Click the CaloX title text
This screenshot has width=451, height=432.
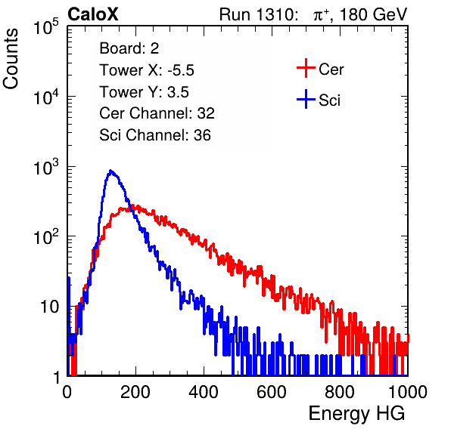click(x=93, y=14)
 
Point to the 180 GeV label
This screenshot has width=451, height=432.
click(x=373, y=14)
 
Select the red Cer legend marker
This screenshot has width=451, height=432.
click(x=306, y=68)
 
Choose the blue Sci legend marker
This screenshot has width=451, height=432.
click(x=306, y=99)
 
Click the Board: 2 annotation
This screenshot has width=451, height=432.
click(x=129, y=48)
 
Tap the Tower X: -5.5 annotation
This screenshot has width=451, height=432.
click(x=147, y=70)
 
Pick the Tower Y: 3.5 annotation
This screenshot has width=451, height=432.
click(x=144, y=92)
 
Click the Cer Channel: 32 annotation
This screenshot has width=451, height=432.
click(x=157, y=113)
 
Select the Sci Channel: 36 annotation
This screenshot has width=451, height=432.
click(x=155, y=135)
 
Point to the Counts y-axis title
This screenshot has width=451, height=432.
click(x=11, y=59)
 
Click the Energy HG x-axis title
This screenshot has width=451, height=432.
click(x=357, y=414)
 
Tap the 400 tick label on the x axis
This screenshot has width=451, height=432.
click(x=204, y=392)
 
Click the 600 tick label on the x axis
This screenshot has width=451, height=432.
click(x=272, y=392)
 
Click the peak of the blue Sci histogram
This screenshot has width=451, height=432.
click(x=110, y=171)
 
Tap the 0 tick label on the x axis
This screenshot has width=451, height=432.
click(x=67, y=392)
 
